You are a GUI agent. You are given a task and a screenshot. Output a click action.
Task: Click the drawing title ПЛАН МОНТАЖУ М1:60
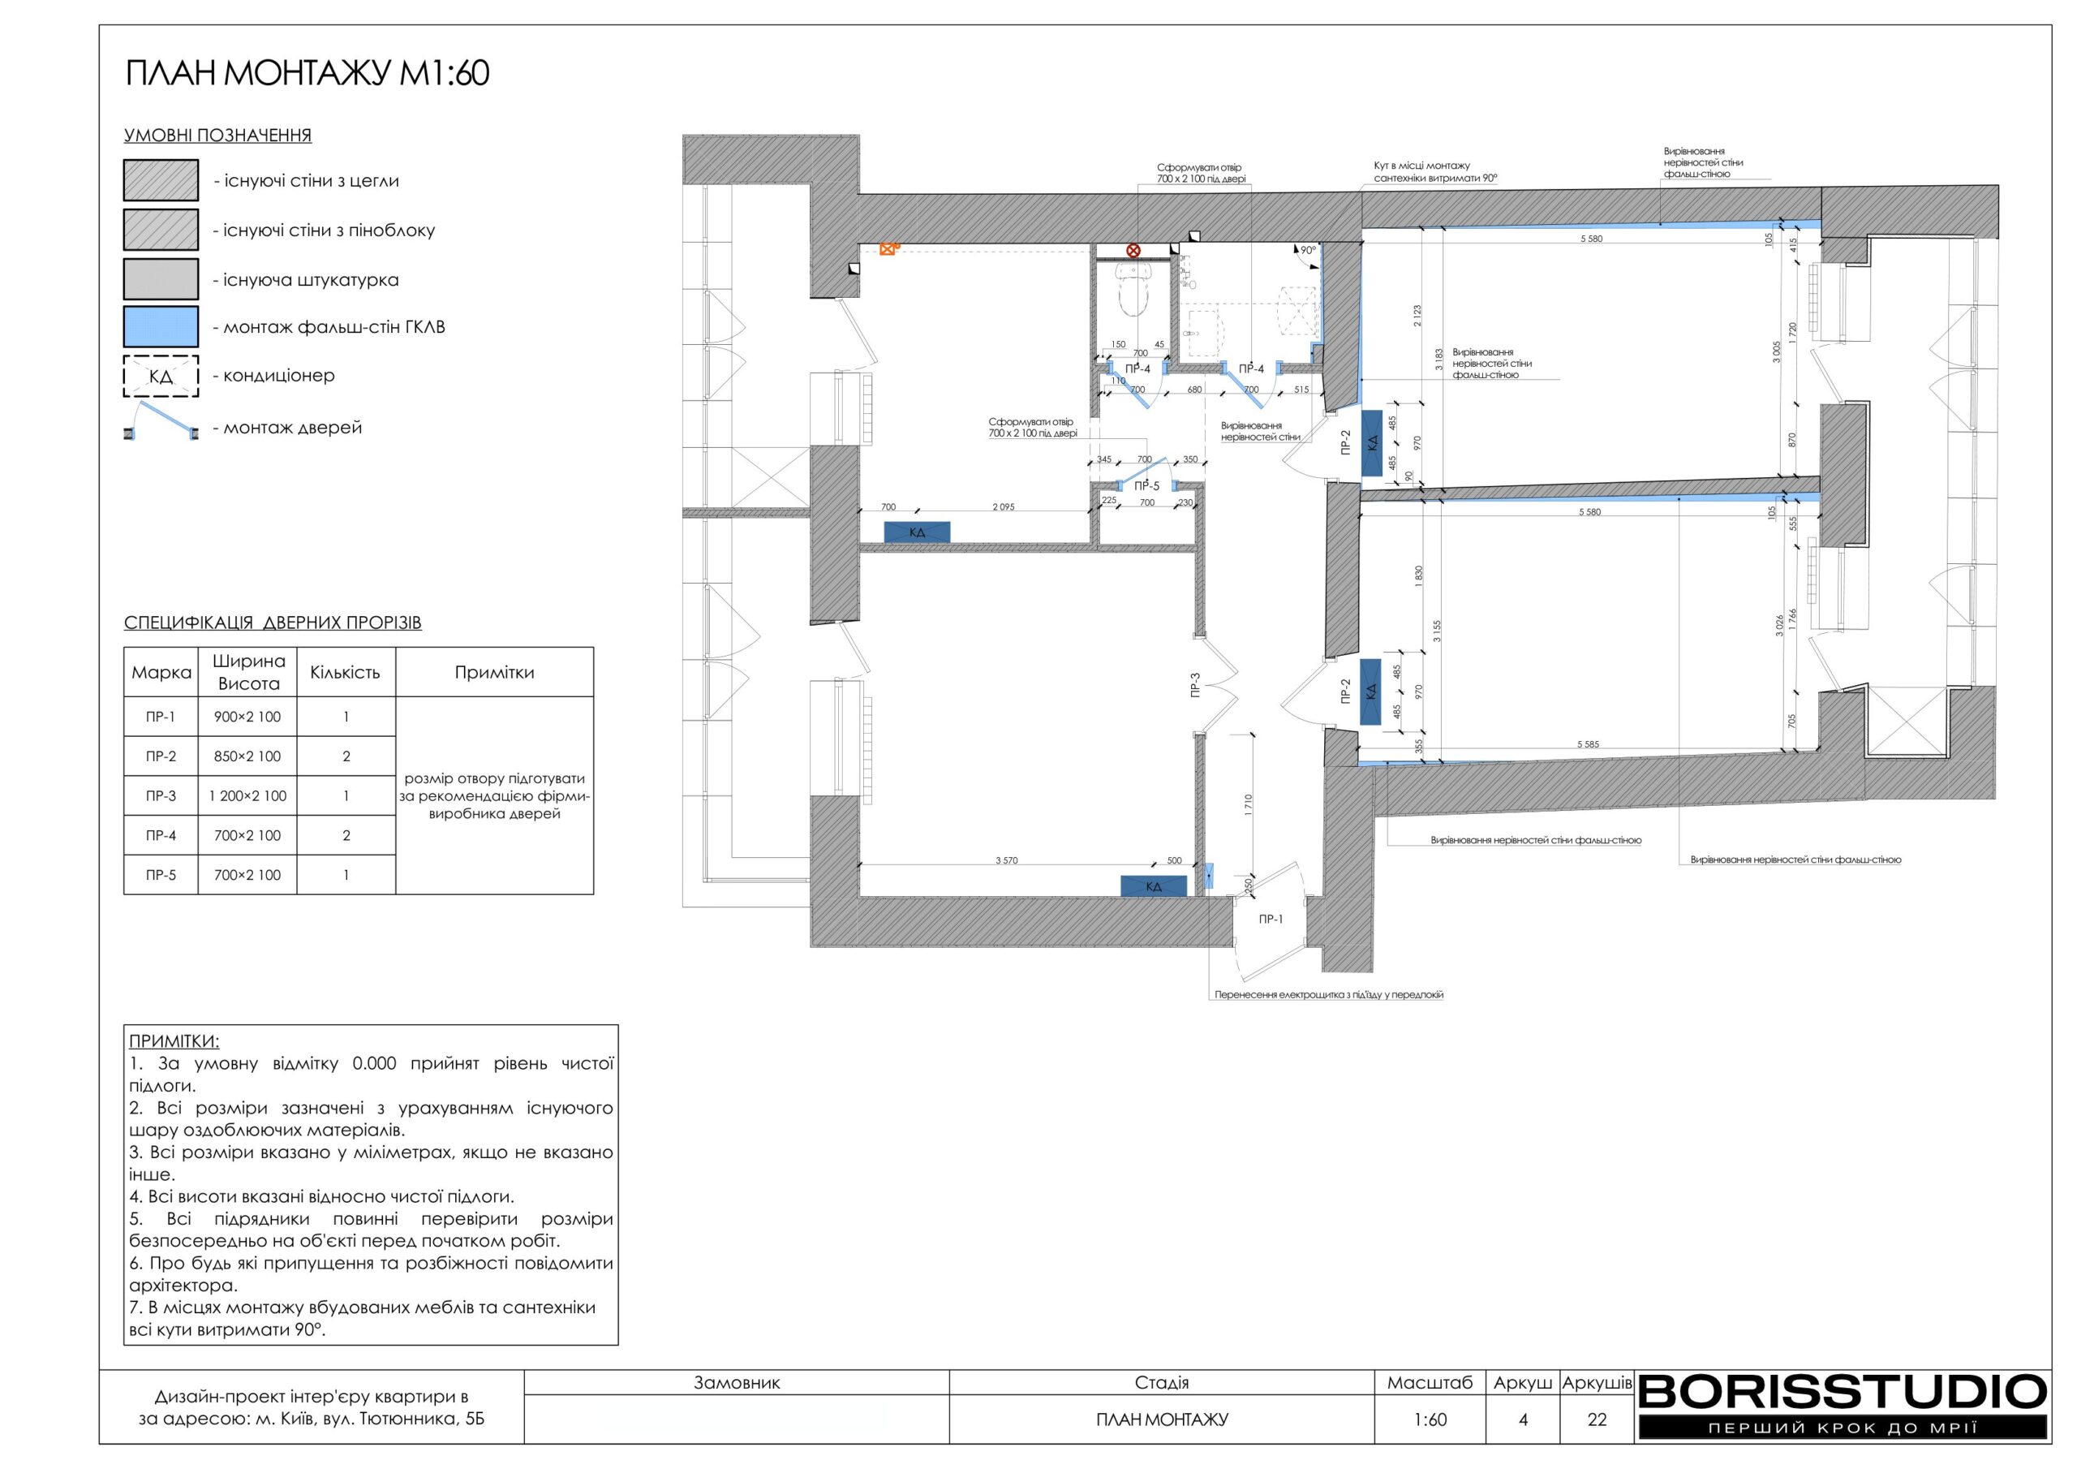pyautogui.click(x=307, y=73)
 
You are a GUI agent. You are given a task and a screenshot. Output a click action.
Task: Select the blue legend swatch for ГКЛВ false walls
pyautogui.click(x=161, y=327)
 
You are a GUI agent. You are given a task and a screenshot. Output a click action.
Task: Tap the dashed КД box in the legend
pyautogui.click(x=161, y=377)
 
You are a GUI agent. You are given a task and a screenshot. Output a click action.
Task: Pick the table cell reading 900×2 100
pyautogui.click(x=247, y=717)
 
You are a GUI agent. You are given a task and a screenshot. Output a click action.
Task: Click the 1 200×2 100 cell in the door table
pyautogui.click(x=247, y=796)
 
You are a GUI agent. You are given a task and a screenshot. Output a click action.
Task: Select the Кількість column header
pyautogui.click(x=345, y=673)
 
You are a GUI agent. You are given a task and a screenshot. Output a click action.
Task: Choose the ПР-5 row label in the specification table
pyautogui.click(x=161, y=875)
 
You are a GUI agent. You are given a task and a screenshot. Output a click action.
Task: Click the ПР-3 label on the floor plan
pyautogui.click(x=1195, y=684)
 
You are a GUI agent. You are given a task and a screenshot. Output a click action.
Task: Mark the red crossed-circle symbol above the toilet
pyautogui.click(x=1133, y=251)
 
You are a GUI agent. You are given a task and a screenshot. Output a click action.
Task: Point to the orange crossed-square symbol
pyautogui.click(x=888, y=249)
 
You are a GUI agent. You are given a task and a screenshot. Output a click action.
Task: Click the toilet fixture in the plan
pyautogui.click(x=1132, y=289)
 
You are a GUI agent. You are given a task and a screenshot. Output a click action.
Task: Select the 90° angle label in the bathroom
pyautogui.click(x=1308, y=251)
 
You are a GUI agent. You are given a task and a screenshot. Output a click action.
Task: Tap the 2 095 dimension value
pyautogui.click(x=1004, y=507)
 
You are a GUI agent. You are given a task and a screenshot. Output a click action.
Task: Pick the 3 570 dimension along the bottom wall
pyautogui.click(x=1006, y=861)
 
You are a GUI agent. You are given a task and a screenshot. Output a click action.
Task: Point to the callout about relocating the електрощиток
pyautogui.click(x=1328, y=995)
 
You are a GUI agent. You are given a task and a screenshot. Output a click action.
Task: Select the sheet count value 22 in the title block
pyautogui.click(x=1598, y=1419)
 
